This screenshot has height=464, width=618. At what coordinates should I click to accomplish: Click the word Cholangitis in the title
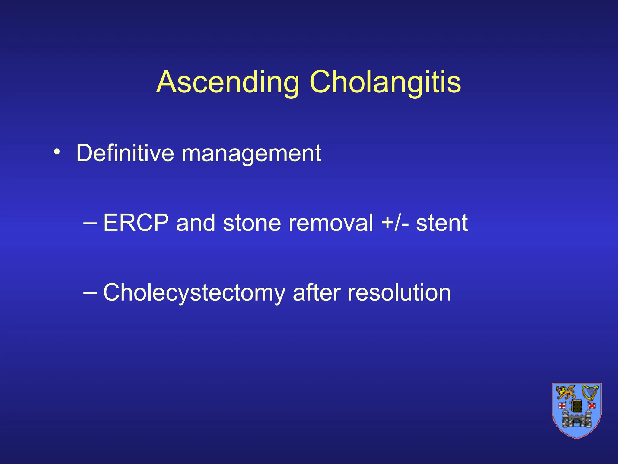point(385,82)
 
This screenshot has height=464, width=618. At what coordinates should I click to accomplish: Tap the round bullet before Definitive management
point(56,152)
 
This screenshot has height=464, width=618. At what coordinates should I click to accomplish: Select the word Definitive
point(125,153)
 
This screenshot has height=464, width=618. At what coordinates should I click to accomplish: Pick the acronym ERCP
point(136,223)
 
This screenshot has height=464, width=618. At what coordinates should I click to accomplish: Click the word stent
point(442,223)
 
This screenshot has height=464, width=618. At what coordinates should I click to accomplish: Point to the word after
point(316,292)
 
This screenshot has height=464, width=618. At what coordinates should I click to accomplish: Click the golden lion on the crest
point(566,393)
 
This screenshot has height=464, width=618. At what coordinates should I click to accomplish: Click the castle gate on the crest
point(577,422)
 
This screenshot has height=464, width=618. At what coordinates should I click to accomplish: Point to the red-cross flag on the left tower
point(562,405)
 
